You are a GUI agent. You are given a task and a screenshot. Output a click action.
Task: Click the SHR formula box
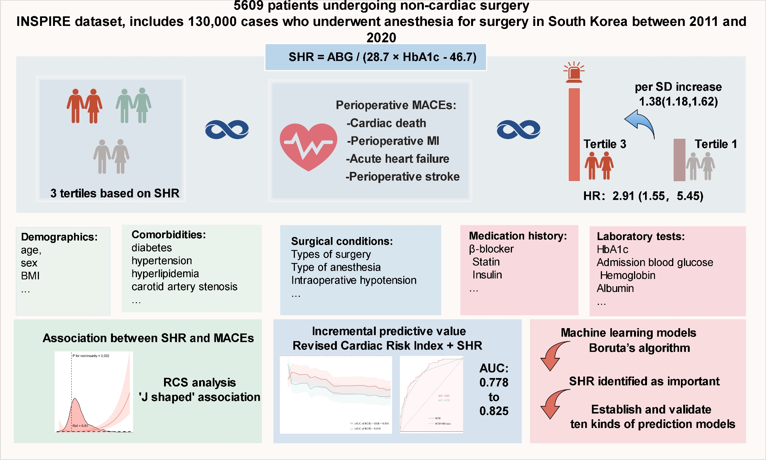376,57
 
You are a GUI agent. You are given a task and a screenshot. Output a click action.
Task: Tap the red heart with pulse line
308,146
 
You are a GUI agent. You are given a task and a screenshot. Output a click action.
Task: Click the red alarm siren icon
574,72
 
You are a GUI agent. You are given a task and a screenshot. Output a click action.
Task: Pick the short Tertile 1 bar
679,160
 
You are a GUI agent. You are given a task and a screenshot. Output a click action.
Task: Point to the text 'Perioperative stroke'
402,176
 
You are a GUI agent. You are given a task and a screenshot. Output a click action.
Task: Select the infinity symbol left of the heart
227,130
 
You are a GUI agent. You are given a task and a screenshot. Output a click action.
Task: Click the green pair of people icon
134,106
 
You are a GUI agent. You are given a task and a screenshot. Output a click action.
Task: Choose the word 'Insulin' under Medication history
487,275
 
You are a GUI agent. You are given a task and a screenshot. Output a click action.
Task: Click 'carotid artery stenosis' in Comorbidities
184,287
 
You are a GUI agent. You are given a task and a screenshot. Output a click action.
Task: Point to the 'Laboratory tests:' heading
640,236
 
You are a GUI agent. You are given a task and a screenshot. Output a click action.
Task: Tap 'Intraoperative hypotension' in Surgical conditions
354,280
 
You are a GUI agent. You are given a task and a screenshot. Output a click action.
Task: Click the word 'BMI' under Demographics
30,276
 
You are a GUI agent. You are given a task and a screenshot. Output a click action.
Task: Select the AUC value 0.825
494,411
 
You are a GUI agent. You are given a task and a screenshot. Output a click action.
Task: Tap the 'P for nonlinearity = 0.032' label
91,356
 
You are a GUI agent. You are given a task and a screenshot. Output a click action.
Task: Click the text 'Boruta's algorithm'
639,348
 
